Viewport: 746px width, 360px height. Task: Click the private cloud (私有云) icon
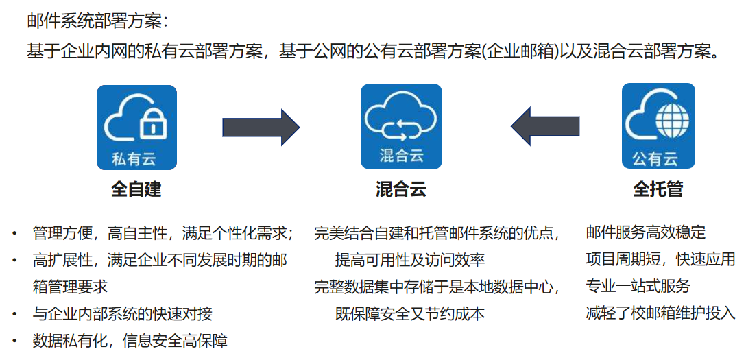click(136, 127)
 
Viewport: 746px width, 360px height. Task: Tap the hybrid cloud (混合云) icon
click(401, 127)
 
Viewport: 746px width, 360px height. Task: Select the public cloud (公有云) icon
click(658, 127)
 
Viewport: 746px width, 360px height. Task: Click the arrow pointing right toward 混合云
click(261, 127)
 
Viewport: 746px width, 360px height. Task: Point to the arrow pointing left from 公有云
click(545, 126)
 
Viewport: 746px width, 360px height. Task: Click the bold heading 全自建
click(136, 189)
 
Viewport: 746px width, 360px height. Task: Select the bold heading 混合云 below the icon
click(401, 189)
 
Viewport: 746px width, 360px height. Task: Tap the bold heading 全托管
click(658, 189)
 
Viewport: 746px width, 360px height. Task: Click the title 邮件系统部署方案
click(98, 21)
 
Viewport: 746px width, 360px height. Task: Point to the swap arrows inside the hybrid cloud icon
click(401, 125)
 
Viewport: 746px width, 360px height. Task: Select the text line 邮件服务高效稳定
click(646, 232)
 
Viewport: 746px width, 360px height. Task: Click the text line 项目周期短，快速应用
click(661, 259)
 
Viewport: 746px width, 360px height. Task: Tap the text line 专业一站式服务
click(638, 286)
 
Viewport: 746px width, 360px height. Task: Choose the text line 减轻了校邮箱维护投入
click(661, 313)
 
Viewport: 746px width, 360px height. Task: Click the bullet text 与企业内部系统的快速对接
click(123, 314)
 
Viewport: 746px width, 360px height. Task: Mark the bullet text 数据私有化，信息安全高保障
click(130, 341)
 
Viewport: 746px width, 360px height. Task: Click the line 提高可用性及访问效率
click(410, 260)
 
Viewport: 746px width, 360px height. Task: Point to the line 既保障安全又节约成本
click(410, 314)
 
